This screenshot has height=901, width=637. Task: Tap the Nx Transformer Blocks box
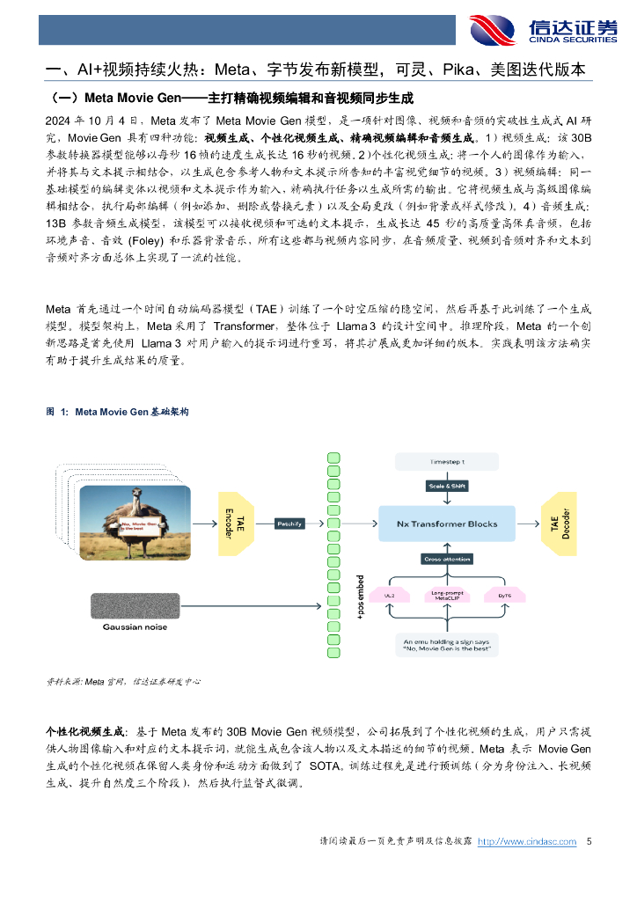click(x=448, y=524)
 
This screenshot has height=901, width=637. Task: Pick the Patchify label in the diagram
click(x=289, y=524)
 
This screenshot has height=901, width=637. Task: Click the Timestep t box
click(x=448, y=461)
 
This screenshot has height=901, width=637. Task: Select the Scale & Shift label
click(x=448, y=486)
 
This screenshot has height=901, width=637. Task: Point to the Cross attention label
click(x=448, y=559)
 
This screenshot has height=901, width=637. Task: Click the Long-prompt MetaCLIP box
click(x=448, y=597)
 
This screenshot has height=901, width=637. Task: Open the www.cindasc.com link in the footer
click(x=527, y=842)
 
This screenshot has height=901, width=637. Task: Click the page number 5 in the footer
click(x=589, y=842)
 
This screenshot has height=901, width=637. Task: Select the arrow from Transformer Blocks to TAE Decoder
click(x=525, y=524)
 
